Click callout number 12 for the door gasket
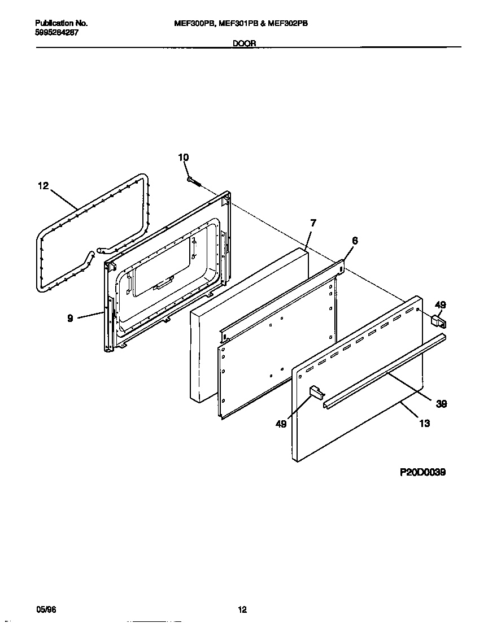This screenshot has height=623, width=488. coord(43,186)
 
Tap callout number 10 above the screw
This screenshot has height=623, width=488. coord(184,158)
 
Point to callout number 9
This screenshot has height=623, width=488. coord(70,319)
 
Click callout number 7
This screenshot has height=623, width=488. coord(313,223)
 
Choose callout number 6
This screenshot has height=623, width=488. coord(355,241)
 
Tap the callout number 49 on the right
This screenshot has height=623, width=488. coord(441,305)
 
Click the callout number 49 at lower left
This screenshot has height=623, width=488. coord(281,424)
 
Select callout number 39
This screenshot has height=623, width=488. coord(442,404)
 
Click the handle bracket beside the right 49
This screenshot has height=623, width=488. coord(438,321)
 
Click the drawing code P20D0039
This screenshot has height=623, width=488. coord(423,472)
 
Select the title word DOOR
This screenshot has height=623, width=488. coord(244,43)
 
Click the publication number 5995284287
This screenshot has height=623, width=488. coord(56,33)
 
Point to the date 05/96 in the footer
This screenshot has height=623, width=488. coord(46,610)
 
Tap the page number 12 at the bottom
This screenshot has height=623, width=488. coord(242,610)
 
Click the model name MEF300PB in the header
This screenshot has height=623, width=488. coord(191,24)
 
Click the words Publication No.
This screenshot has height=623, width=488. coord(61,24)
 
